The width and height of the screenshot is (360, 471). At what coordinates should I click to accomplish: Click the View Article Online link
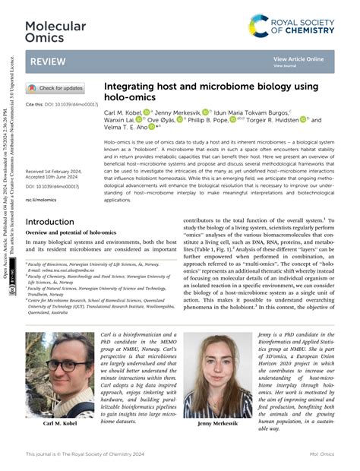point(298,58)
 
